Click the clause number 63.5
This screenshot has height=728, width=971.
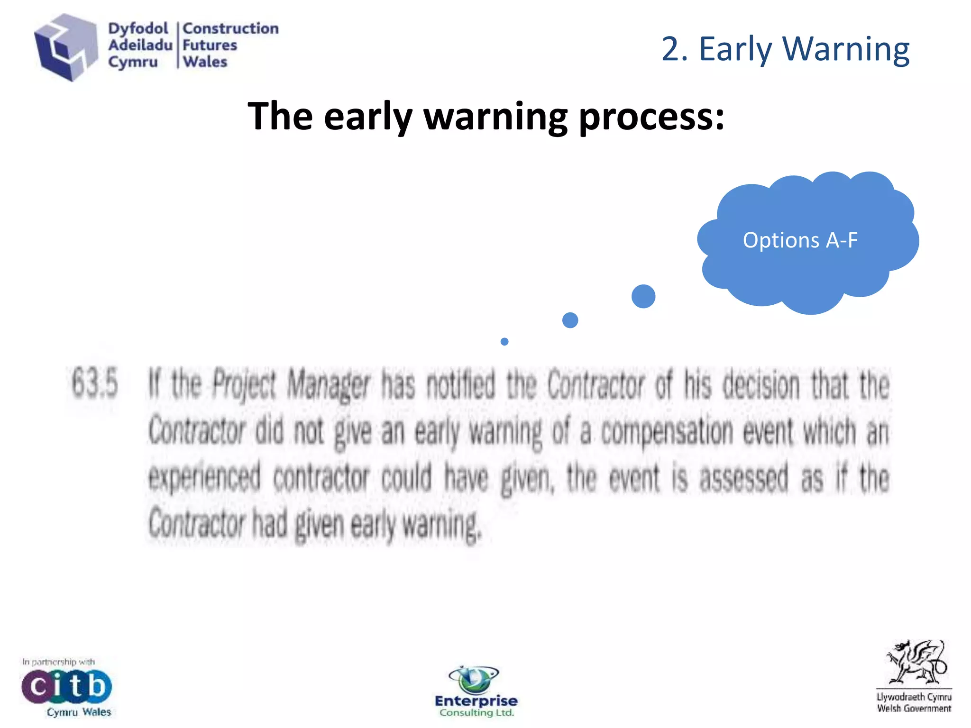[95, 383]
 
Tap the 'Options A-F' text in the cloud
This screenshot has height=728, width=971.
[800, 240]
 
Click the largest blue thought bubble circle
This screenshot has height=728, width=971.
[643, 296]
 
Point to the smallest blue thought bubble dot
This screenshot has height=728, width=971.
[504, 341]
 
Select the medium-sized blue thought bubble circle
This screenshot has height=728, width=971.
[570, 320]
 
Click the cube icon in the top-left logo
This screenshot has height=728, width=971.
[65, 47]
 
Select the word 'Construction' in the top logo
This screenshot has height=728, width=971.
[230, 28]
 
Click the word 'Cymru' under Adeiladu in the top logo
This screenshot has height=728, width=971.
[133, 62]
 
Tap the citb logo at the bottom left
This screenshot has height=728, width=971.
[66, 685]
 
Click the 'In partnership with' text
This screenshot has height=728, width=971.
[58, 662]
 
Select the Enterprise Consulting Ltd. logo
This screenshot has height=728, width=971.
[476, 692]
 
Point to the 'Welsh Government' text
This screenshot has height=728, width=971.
[914, 709]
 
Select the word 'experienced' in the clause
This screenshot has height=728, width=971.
[204, 478]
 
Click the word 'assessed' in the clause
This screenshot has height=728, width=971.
[743, 478]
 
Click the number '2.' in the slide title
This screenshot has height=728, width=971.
[674, 49]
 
